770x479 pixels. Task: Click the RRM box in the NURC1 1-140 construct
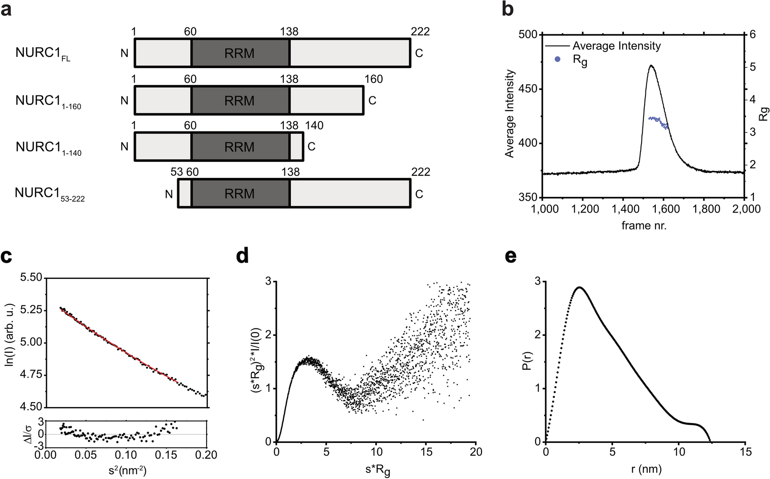pos(240,147)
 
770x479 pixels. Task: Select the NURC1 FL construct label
pos(43,53)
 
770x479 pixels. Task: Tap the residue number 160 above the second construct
pos(374,79)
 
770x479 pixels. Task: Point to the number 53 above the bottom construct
pos(177,172)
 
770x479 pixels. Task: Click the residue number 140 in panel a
pos(314,126)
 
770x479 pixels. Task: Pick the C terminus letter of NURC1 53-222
pos(419,194)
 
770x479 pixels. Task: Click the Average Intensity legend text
pos(616,46)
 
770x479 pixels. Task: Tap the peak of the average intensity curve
pos(651,66)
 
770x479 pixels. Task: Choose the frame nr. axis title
pos(644,226)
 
